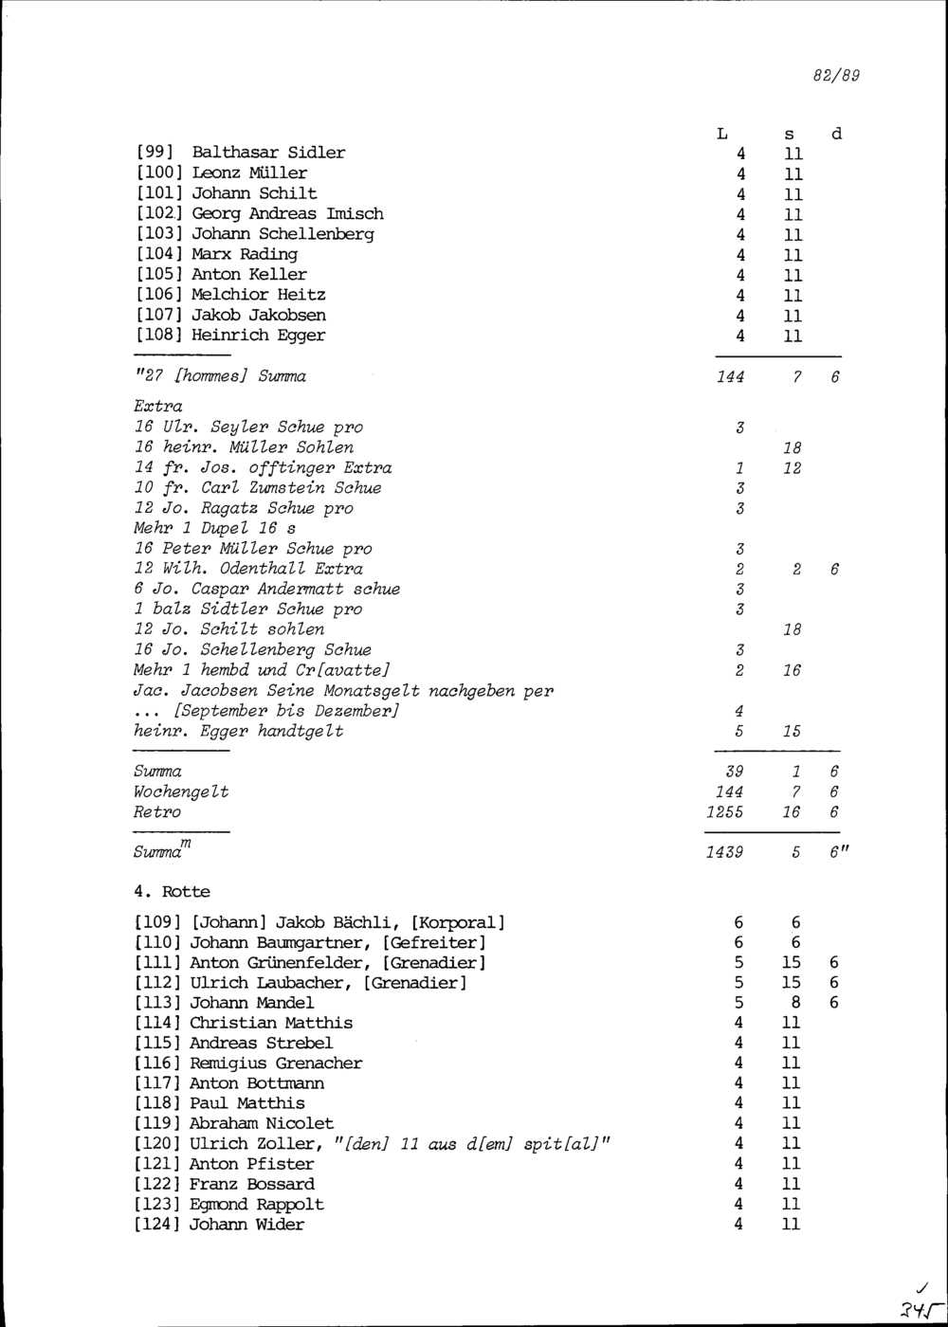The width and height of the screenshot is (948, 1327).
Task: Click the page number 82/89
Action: pyautogui.click(x=836, y=76)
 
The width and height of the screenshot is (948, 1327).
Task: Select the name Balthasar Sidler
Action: pyautogui.click(x=268, y=153)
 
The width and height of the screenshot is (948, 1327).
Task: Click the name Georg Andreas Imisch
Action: pyautogui.click(x=287, y=213)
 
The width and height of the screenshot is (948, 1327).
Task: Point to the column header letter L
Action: pyautogui.click(x=722, y=135)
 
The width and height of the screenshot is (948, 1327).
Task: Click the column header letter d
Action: pyautogui.click(x=836, y=135)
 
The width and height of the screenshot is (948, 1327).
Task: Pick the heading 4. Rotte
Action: pyautogui.click(x=172, y=892)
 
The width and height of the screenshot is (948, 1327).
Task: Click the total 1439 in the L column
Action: pyautogui.click(x=724, y=852)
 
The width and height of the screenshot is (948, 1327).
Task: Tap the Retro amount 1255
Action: pyautogui.click(x=724, y=812)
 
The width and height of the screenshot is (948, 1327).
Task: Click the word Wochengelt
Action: pyautogui.click(x=181, y=791)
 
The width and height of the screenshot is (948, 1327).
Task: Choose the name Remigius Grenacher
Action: pyautogui.click(x=276, y=1063)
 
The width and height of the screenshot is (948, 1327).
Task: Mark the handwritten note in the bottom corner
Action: pyautogui.click(x=918, y=1301)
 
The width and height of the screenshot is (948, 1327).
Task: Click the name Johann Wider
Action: pyautogui.click(x=246, y=1225)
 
